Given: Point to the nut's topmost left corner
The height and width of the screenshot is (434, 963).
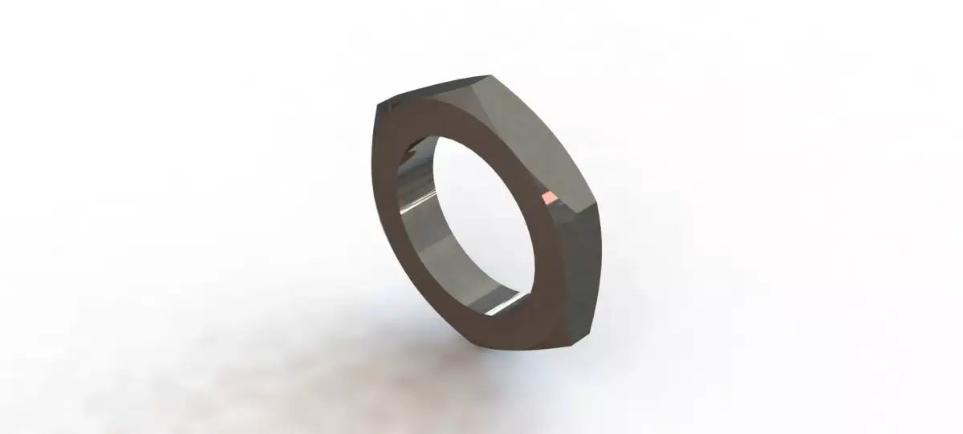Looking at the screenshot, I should point(380,105).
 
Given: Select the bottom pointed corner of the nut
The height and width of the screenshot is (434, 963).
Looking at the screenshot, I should point(573,346).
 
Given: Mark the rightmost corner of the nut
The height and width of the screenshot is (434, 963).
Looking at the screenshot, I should point(599,205).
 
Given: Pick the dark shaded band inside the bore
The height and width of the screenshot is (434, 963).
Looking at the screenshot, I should point(433,241).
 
